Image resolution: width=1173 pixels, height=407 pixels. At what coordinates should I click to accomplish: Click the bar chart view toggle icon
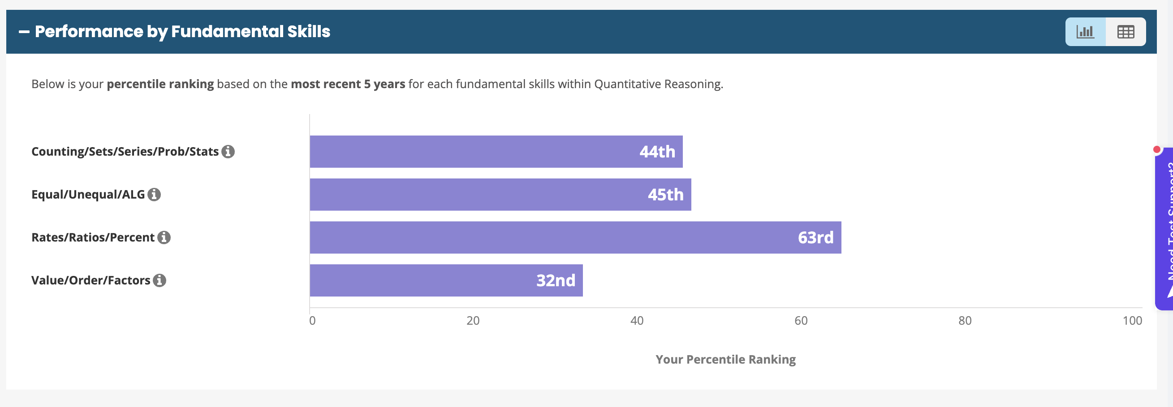[x=1085, y=32]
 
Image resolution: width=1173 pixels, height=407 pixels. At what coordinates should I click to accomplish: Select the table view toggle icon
[x=1126, y=32]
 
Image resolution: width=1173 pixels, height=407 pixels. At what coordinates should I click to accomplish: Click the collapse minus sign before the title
[x=24, y=32]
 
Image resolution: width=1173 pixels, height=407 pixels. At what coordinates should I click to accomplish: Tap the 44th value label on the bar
[x=657, y=152]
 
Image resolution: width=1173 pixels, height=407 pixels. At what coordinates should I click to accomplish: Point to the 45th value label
[x=665, y=195]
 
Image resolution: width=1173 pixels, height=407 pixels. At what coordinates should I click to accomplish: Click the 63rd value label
[x=815, y=237]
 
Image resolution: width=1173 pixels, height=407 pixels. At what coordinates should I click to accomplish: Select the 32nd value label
[x=556, y=280]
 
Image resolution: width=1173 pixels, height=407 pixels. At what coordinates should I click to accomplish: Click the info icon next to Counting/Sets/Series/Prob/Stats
[x=228, y=152]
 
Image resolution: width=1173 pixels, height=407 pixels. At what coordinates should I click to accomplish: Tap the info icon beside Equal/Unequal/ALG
[x=155, y=195]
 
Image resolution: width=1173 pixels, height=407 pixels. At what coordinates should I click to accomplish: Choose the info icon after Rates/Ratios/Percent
[x=164, y=237]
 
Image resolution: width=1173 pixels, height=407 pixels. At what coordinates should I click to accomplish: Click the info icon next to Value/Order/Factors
[x=160, y=280]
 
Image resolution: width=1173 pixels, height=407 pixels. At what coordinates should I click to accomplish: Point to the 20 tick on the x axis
[x=473, y=321]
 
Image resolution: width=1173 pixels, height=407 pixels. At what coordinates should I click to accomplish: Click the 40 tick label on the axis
[x=637, y=321]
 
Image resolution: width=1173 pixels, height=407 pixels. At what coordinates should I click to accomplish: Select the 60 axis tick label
[x=801, y=321]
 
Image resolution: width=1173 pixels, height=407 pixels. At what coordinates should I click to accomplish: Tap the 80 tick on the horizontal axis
[x=965, y=321]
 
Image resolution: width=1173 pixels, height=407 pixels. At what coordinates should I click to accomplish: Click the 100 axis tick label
[x=1132, y=321]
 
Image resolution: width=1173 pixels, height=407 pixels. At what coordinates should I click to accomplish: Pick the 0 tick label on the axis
[x=312, y=321]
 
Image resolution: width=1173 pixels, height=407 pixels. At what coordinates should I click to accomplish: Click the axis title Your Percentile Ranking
[x=725, y=359]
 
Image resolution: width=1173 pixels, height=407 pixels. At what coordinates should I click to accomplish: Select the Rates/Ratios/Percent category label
[x=93, y=237]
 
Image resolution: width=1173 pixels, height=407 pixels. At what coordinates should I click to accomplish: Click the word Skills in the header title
[x=308, y=32]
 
